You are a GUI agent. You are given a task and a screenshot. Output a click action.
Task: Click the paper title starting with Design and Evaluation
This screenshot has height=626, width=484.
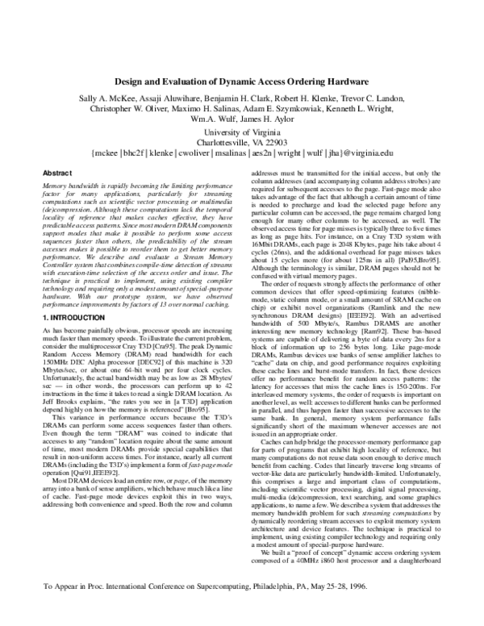(x=242, y=81)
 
